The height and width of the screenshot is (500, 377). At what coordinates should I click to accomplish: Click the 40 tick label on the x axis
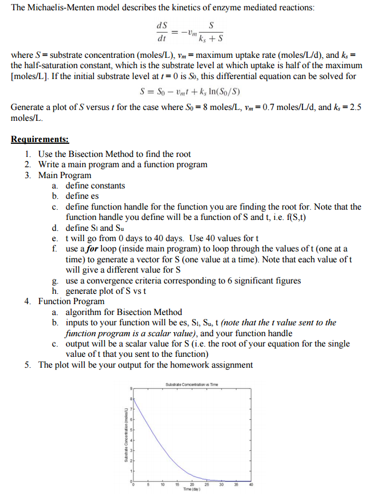pyautogui.click(x=250, y=486)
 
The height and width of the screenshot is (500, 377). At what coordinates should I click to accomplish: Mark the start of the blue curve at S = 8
pyautogui.click(x=133, y=399)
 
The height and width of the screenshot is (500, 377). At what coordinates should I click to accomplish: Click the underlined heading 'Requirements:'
pyautogui.click(x=40, y=139)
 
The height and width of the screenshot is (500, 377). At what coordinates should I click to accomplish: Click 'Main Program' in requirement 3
pyautogui.click(x=65, y=175)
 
